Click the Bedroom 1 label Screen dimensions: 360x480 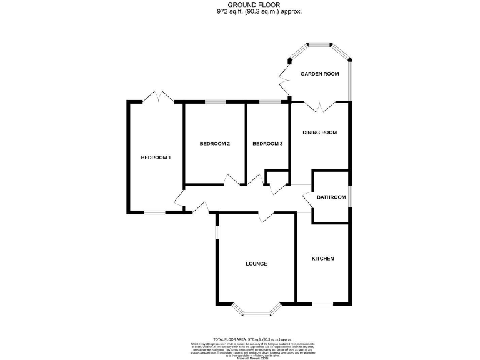coord(156,157)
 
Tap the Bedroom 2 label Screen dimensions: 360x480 coord(215,144)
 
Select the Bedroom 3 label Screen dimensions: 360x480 coord(267,144)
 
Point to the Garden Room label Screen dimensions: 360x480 coord(319,74)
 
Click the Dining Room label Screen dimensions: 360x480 coord(319,132)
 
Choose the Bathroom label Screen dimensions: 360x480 coord(331,197)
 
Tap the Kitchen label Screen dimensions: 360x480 coord(323,259)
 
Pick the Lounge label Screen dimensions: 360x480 coord(256,264)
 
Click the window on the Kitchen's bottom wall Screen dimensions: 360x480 coord(323,304)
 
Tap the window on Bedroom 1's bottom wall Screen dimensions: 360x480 coord(155,212)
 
